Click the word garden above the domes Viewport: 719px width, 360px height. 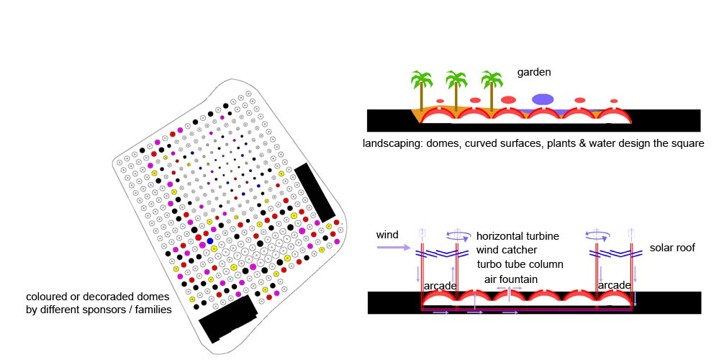[534, 72]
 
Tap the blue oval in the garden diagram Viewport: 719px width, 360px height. [543, 99]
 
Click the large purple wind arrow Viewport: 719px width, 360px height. [393, 247]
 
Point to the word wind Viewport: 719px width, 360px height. [387, 235]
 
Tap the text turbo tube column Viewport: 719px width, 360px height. [520, 264]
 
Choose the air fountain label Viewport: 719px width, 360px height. [510, 279]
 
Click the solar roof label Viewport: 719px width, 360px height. [672, 248]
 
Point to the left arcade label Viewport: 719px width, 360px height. [438, 286]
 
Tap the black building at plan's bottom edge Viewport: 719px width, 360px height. [227, 318]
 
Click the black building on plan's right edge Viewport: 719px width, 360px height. [315, 192]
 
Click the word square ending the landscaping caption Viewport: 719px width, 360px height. [687, 143]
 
